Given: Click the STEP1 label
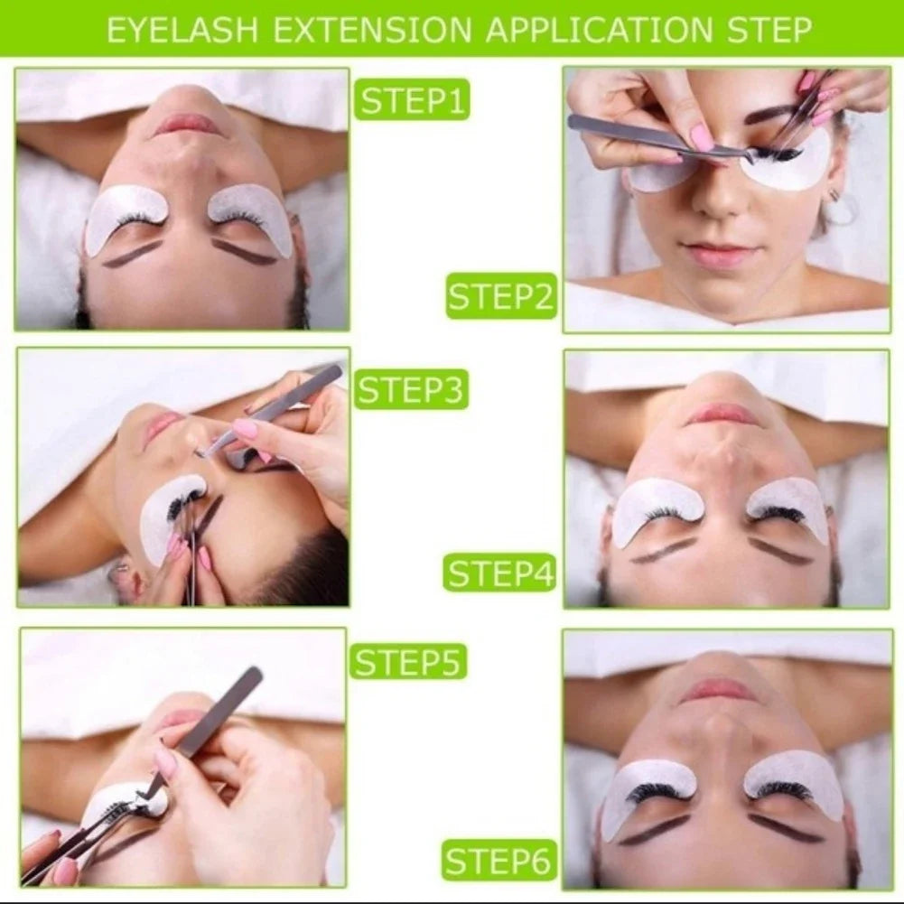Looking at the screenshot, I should coord(411,99).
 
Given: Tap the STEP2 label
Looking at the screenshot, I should coord(501,297).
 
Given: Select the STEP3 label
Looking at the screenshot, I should coord(411,389).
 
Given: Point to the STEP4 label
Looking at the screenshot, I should coord(501,573).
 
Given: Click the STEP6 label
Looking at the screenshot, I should coord(499,862).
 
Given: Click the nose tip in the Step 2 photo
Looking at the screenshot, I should coord(716,203).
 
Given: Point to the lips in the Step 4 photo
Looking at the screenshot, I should coord(722,415).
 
